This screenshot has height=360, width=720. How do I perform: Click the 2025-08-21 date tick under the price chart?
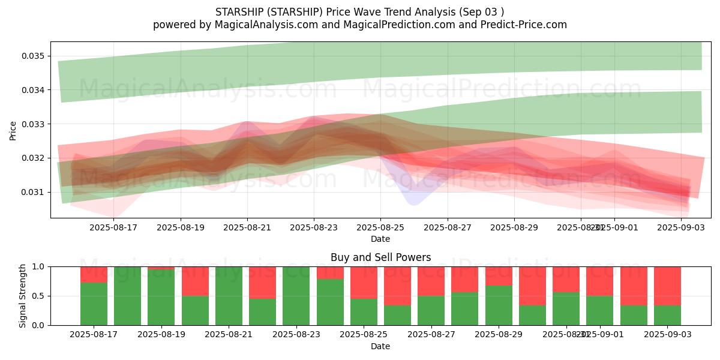click(x=247, y=228)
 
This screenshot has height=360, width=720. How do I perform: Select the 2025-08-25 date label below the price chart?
click(x=380, y=228)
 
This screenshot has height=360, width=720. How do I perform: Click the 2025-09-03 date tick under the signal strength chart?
click(x=667, y=335)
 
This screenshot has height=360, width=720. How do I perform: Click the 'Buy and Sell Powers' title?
click(x=380, y=257)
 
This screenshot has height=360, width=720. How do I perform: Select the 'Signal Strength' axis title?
click(x=22, y=296)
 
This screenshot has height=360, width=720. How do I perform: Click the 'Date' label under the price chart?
click(x=380, y=239)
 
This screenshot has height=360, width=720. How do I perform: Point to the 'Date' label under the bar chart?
click(x=380, y=346)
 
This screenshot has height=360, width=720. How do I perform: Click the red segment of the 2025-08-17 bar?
click(x=94, y=274)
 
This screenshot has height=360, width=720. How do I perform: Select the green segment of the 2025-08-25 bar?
click(x=364, y=311)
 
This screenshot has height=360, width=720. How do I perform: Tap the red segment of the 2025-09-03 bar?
click(x=667, y=286)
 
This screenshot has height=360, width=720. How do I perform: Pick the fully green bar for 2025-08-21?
click(x=229, y=296)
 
